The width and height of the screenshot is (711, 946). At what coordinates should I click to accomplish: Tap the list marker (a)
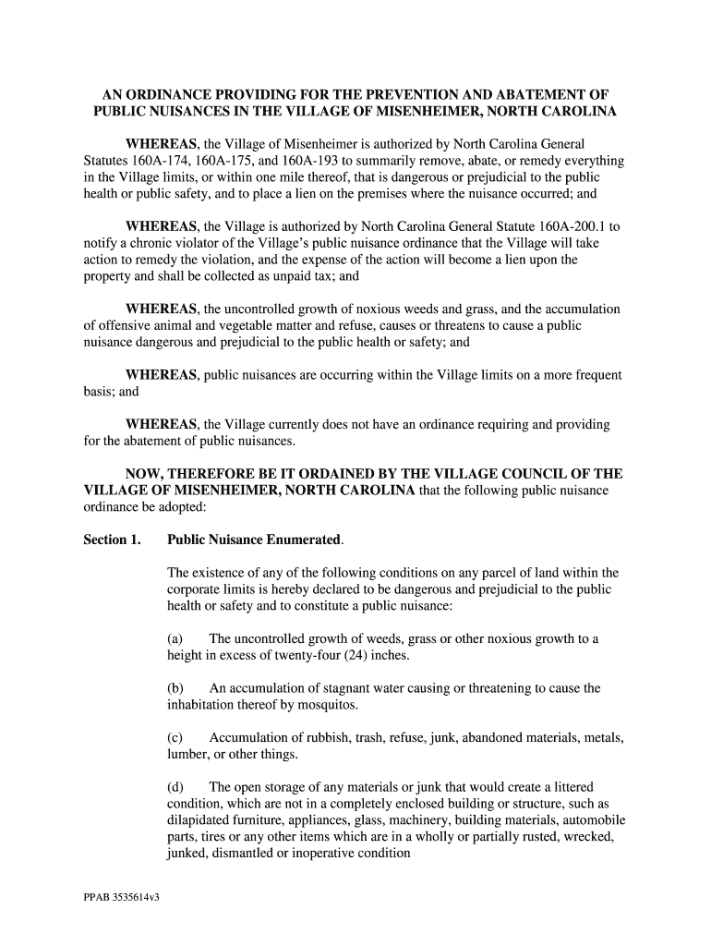[175, 638]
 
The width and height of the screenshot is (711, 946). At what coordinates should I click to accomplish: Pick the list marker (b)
[175, 688]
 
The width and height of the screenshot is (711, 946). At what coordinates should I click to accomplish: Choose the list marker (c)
[175, 737]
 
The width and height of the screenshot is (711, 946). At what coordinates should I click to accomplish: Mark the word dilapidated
[203, 820]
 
